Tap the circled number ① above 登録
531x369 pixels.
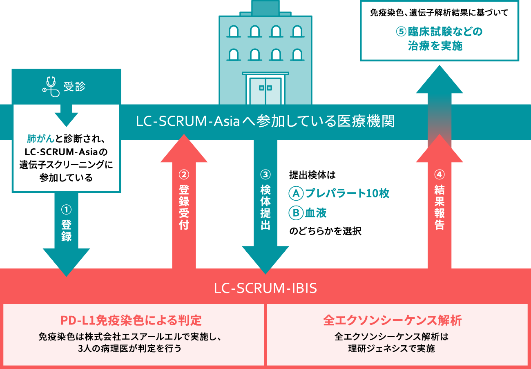click(x=66, y=210)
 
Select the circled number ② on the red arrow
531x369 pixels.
click(x=184, y=174)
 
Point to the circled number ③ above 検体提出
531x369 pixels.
click(x=265, y=174)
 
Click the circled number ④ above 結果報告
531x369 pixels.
click(x=440, y=174)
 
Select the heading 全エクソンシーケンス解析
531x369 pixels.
click(x=392, y=320)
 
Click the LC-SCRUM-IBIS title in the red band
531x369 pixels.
click(x=265, y=288)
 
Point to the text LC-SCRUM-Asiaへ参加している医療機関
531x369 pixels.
click(x=265, y=121)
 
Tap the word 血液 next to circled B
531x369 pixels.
click(x=316, y=213)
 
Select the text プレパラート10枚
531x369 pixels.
click(x=347, y=193)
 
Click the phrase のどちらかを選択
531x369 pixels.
click(x=325, y=231)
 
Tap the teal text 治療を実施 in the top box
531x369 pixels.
click(x=435, y=46)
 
